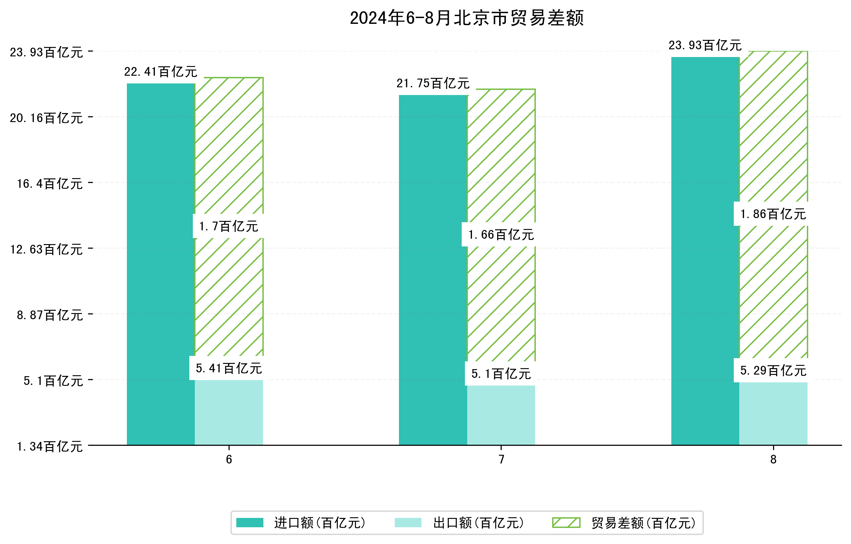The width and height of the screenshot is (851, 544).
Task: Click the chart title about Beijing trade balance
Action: pos(467,18)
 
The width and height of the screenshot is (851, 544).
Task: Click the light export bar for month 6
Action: pos(229,412)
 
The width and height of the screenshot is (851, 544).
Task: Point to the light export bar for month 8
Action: pos(773,414)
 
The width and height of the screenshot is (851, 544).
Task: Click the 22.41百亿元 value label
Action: pos(160,72)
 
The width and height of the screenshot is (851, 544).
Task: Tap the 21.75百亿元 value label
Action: pos(433,83)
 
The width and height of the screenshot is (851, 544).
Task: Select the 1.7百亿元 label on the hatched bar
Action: pos(229,226)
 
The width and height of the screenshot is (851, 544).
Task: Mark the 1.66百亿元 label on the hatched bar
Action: pos(501,234)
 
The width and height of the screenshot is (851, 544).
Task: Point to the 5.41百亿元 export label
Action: pos(229,368)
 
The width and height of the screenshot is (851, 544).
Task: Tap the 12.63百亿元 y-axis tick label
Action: pos(46,250)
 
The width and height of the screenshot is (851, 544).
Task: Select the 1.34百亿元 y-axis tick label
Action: pos(50,447)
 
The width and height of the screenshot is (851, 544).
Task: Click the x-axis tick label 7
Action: pos(501,460)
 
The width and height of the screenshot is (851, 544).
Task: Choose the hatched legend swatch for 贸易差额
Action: pos(566,523)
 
